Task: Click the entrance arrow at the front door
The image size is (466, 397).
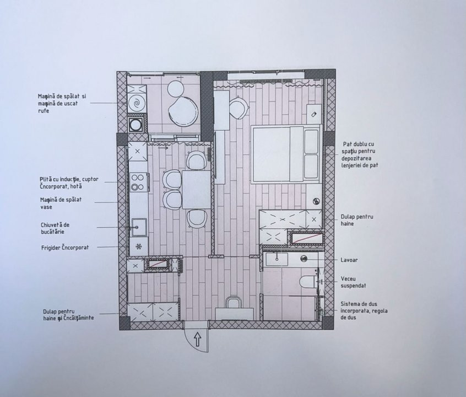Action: click(198, 339)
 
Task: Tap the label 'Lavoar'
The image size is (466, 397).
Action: click(349, 260)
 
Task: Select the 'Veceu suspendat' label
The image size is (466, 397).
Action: click(353, 282)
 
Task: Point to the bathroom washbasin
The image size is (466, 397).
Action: click(277, 260)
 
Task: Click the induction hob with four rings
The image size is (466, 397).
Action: click(138, 182)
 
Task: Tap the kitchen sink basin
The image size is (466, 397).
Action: click(139, 227)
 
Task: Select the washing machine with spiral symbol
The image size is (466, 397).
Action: click(137, 103)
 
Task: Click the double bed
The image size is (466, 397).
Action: click(286, 154)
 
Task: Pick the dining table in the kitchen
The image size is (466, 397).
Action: click(196, 189)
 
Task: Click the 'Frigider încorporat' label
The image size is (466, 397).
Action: click(65, 248)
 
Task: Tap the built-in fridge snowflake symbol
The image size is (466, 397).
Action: click(139, 246)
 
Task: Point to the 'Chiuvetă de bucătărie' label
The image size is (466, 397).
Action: click(55, 228)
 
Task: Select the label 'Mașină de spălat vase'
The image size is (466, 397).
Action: click(61, 203)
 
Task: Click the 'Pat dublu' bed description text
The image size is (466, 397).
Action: click(360, 154)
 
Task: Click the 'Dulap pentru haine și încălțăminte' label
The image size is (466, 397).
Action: click(68, 314)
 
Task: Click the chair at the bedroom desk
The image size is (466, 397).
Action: click(239, 107)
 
